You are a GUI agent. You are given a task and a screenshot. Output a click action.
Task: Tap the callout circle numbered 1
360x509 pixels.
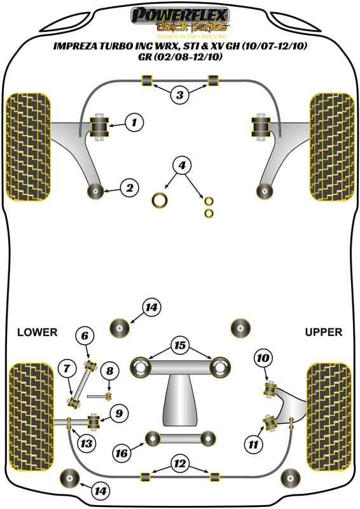pos(134,122)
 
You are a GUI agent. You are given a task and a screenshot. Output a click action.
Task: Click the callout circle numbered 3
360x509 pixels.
pos(180,95)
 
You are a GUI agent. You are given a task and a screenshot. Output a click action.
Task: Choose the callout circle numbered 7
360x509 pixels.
pos(66,368)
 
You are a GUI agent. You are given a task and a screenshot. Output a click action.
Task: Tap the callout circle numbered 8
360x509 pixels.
pos(109,371)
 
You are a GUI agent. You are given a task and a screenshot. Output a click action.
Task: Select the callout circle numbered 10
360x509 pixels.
pos(261,358)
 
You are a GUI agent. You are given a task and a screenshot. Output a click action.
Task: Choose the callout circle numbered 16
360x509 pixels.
pos(121,453)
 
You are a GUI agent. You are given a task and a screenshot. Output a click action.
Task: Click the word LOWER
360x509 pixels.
pos(37,332)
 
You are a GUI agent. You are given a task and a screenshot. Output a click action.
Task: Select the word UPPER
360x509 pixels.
pos(323,332)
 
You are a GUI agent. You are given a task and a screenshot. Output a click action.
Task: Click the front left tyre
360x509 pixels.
pos(27,146)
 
